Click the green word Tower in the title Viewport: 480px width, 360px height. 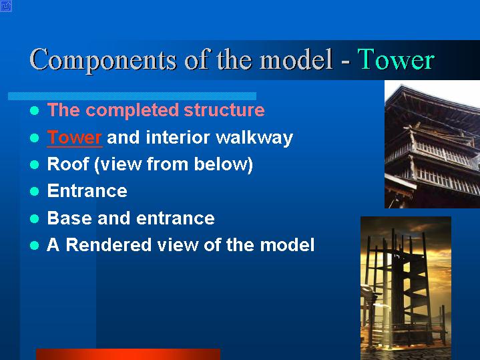coord(396,59)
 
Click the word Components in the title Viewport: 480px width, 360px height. coord(103,60)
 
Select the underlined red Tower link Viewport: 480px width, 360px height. coord(74,138)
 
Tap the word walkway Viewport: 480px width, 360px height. coord(255,138)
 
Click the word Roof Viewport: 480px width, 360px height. coord(68,164)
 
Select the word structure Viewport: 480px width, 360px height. coord(224,110)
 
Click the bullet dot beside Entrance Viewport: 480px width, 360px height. coord(35,192)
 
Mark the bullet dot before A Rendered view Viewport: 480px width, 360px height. coord(35,245)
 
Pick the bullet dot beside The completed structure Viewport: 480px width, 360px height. coord(35,111)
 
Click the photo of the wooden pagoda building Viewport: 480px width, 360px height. coord(432,144)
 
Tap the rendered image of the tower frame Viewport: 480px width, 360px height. coord(406,288)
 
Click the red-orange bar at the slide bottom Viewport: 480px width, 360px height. coord(128,354)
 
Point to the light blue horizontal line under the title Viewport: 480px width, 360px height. coord(132,96)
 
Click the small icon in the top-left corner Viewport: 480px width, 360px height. coord(6,6)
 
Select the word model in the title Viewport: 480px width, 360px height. coord(296,59)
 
